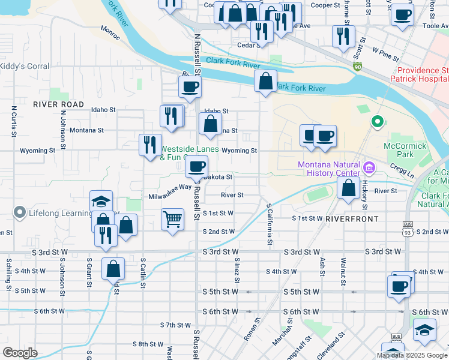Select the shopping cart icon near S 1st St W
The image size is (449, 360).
172,219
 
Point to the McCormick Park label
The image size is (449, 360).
405,150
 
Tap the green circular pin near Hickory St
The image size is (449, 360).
377,122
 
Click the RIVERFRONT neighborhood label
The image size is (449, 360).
350,220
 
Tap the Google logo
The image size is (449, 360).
20,353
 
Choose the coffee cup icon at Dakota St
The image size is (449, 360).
197,166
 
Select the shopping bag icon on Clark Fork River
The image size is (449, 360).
265,81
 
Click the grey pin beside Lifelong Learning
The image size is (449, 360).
19,212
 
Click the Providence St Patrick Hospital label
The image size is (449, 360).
419,74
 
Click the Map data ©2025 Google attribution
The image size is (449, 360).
412,355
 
